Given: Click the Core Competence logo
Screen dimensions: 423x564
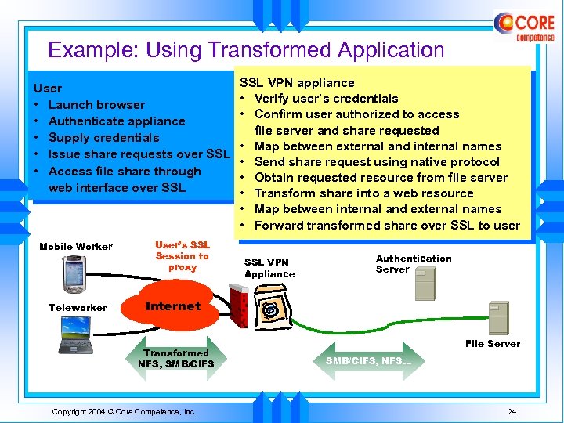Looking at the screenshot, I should pyautogui.click(x=524, y=26).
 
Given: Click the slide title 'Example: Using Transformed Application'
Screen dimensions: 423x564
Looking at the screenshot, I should pyautogui.click(x=246, y=50).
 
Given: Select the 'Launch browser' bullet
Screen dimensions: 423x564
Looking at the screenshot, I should pyautogui.click(x=96, y=104).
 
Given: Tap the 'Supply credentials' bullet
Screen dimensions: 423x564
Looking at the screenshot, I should pyautogui.click(x=103, y=138).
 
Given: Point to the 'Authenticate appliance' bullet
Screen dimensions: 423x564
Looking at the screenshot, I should pyautogui.click(x=117, y=121).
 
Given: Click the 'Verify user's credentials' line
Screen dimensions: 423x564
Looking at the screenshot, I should pyautogui.click(x=326, y=99).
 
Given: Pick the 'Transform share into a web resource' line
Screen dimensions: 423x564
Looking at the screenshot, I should pyautogui.click(x=363, y=193).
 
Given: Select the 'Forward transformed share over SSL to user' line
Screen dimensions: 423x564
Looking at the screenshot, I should pyautogui.click(x=387, y=226).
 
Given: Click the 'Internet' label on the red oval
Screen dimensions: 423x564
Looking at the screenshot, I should pyautogui.click(x=173, y=306).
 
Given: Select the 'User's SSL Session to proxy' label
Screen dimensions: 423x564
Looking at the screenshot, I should pyautogui.click(x=182, y=256).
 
